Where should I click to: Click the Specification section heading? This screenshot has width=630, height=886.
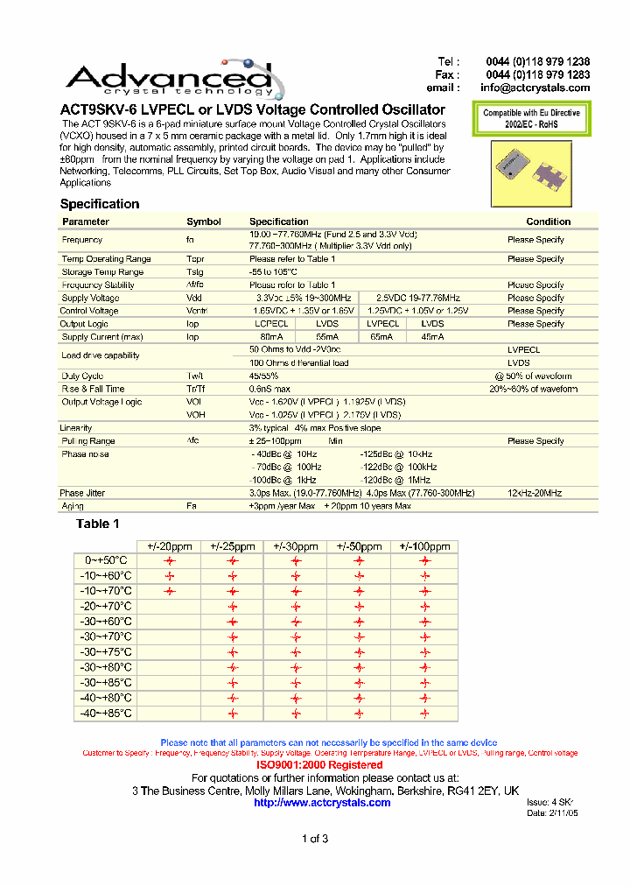tap(99, 204)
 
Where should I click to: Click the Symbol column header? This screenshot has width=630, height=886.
tap(204, 221)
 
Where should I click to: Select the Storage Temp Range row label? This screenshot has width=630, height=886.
tap(102, 271)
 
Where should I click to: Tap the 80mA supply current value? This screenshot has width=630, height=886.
tap(271, 336)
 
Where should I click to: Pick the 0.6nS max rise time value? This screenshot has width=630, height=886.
tap(269, 389)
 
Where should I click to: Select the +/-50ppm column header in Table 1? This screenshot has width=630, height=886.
tap(359, 546)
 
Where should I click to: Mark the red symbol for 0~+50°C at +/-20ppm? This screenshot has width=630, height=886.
tap(170, 561)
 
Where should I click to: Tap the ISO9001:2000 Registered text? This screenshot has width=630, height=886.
tap(318, 765)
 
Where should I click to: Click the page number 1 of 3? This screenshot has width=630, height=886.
tap(314, 840)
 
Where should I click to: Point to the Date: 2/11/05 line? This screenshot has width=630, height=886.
tap(553, 813)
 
